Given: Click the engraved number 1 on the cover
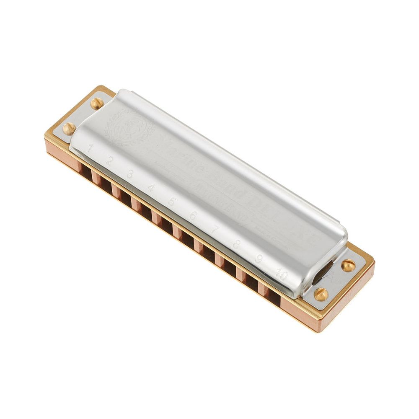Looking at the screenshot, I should pos(91,147).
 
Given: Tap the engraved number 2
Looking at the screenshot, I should pos(109,160).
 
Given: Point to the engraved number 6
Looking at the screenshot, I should pos(193,216).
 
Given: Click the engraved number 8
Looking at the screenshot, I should pos(236,244).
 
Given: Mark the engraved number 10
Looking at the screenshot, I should pos(282,275).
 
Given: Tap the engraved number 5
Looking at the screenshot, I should pos(171,202).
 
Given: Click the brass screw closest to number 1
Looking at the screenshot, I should pos(69,128).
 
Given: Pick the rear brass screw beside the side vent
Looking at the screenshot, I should pos(348,265).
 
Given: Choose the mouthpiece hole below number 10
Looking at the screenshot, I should pos(272,295).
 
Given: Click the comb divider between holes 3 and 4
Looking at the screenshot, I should pos(135,203).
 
